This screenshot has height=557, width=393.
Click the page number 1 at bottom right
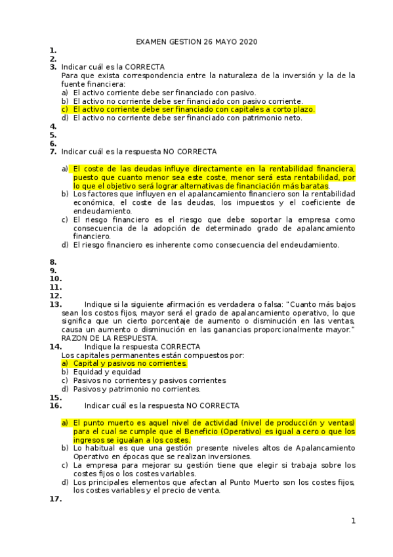tap(353, 521)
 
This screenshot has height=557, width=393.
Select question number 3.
tap(52, 67)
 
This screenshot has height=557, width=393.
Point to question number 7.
tap(52, 151)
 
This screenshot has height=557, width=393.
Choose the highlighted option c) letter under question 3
tap(65, 109)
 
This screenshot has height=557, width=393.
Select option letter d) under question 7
tap(65, 244)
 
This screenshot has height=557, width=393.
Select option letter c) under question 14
tap(65, 380)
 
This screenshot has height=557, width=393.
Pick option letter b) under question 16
tap(65, 447)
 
